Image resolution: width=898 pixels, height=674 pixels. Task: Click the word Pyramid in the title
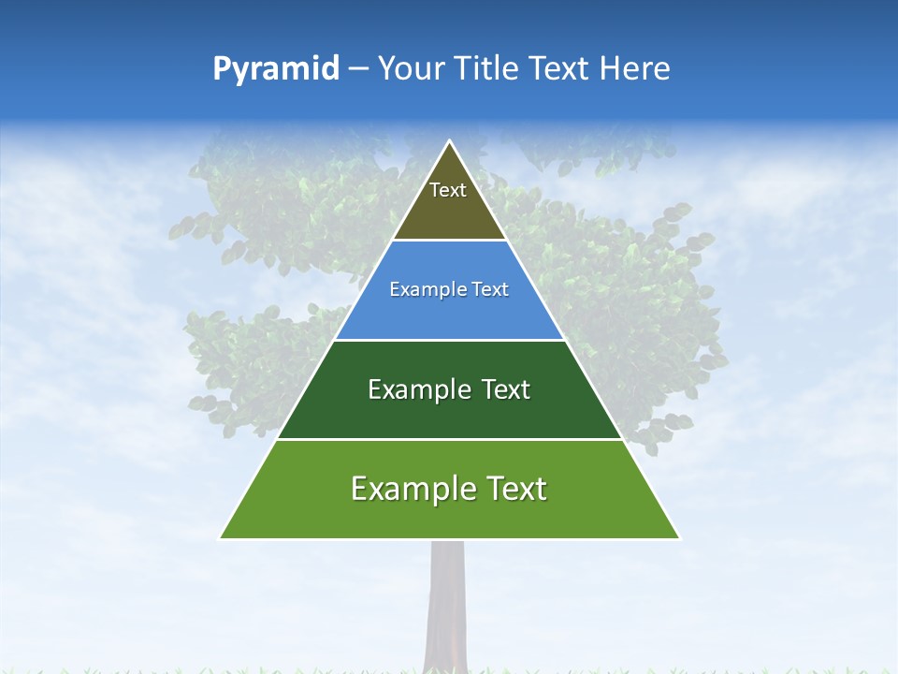(x=275, y=69)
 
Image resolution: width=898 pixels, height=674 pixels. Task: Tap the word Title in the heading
(x=489, y=69)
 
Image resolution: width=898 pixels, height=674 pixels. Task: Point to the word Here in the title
(x=635, y=69)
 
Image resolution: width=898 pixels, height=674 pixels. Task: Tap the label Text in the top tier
(x=448, y=190)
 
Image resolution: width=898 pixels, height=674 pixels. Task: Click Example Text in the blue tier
(x=449, y=289)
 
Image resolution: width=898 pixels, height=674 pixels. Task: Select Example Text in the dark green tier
(x=449, y=389)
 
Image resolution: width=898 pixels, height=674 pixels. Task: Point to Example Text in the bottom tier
(x=449, y=489)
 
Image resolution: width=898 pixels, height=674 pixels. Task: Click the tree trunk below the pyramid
(x=446, y=599)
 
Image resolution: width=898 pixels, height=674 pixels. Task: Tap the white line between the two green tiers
(x=450, y=439)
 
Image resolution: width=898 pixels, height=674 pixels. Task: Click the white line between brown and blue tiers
(x=450, y=241)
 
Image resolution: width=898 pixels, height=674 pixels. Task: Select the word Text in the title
(x=561, y=69)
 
